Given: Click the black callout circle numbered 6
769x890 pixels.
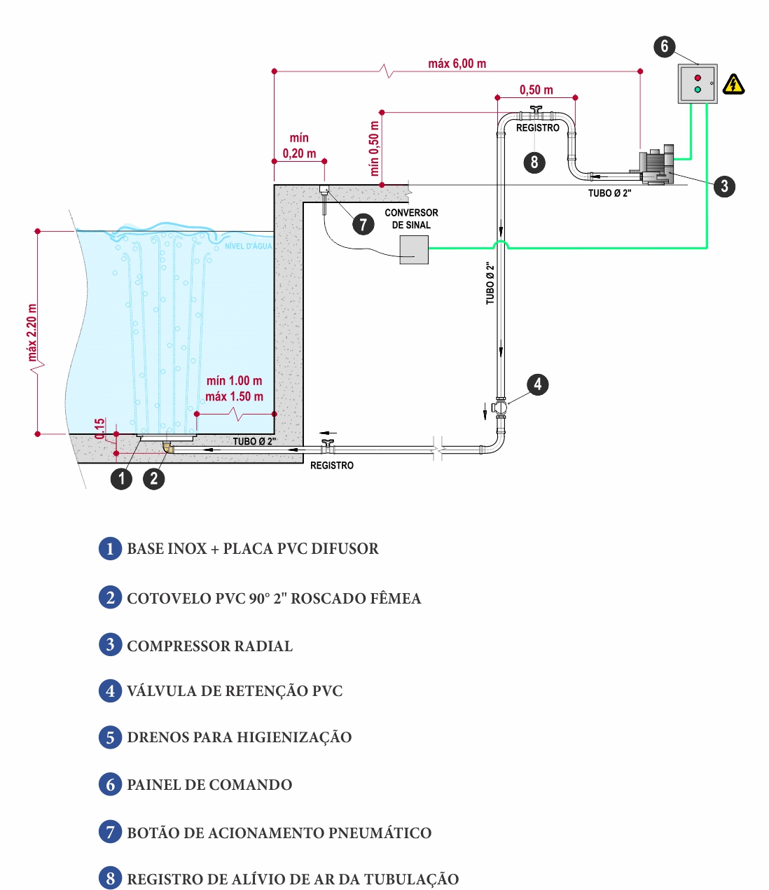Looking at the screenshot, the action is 665,46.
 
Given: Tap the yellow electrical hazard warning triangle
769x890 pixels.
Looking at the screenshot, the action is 734,85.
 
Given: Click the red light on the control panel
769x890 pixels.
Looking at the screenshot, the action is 698,78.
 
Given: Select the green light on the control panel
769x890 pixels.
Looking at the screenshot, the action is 698,90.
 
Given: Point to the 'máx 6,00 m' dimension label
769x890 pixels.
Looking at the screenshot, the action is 457,64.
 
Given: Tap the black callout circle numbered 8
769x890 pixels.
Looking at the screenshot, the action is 534,162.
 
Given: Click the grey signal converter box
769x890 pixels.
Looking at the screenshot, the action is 414,250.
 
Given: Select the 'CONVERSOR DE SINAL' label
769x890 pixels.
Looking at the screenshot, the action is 411,218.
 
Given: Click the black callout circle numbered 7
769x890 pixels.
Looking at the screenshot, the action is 363,224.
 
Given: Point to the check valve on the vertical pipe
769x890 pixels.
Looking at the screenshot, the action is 500,408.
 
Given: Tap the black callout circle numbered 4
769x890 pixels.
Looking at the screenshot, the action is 537,384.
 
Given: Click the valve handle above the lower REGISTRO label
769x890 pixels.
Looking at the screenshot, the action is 328,443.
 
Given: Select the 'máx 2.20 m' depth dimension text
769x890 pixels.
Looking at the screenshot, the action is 32,333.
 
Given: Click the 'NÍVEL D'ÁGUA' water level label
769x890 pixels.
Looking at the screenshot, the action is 249,246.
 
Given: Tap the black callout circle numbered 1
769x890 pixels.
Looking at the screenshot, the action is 121,478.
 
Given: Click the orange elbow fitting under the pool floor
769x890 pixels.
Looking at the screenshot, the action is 168,447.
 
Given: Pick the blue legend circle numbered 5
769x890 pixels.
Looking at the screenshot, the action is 110,737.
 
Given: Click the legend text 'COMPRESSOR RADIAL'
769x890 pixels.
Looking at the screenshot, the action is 209,646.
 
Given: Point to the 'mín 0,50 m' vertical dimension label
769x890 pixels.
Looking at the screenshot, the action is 374,148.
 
